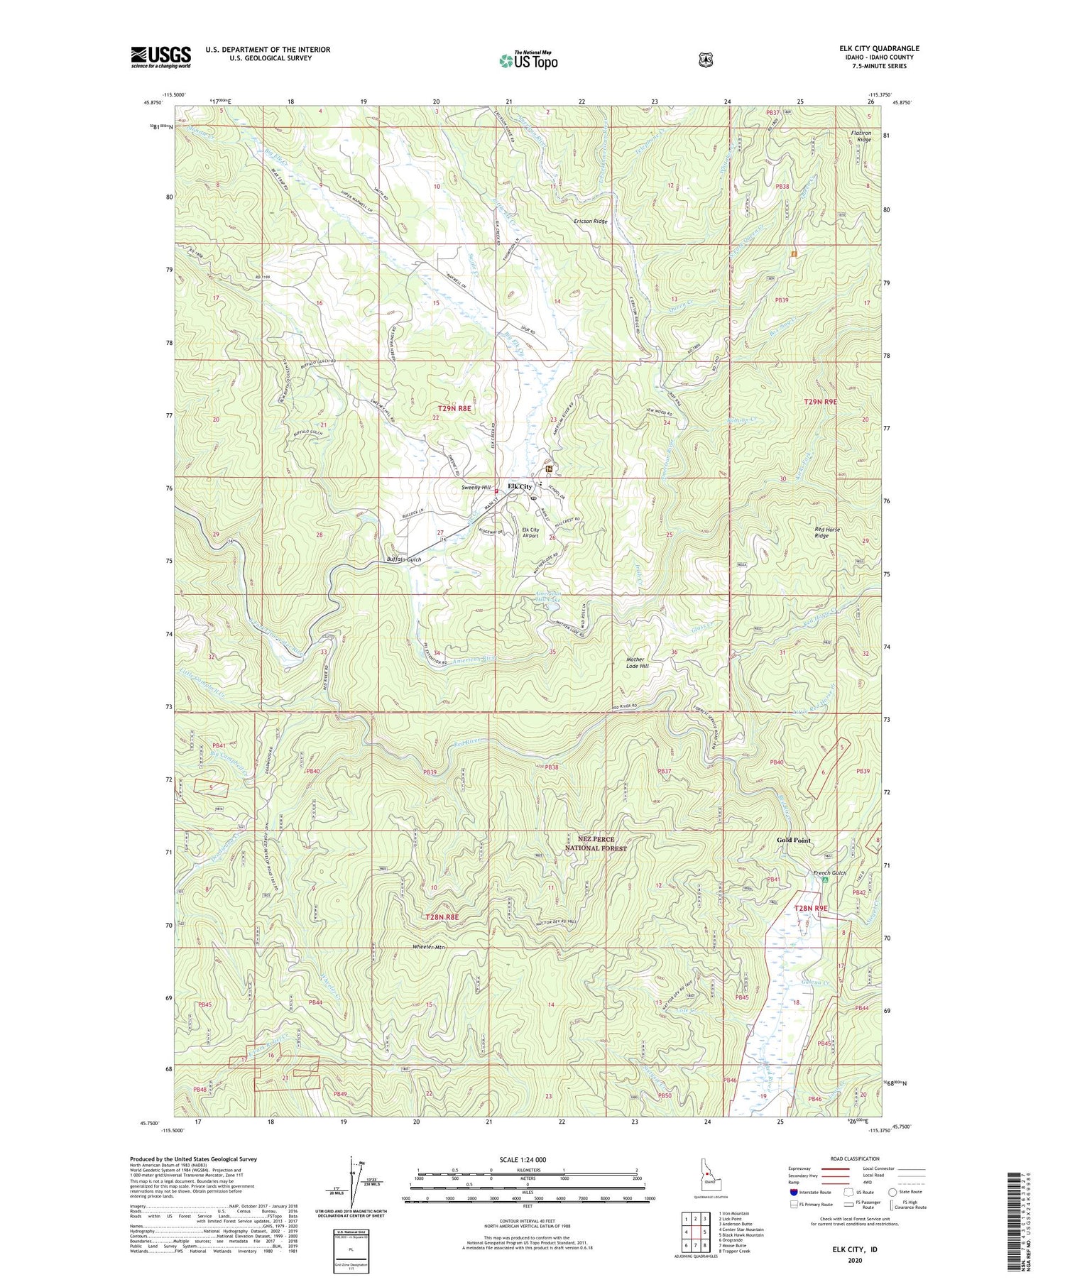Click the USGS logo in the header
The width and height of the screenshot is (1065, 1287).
pyautogui.click(x=160, y=57)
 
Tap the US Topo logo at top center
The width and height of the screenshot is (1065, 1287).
pyautogui.click(x=528, y=60)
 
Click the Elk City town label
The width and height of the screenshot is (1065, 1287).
pyautogui.click(x=520, y=486)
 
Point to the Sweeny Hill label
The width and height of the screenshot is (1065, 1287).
pyautogui.click(x=476, y=488)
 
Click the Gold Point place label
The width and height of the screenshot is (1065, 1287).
pyautogui.click(x=793, y=840)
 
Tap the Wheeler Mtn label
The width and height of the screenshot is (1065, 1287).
pyautogui.click(x=429, y=947)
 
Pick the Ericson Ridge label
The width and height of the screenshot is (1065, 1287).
pyautogui.click(x=591, y=221)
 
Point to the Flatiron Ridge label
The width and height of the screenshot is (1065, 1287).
pyautogui.click(x=861, y=136)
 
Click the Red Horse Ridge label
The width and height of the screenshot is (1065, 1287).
pyautogui.click(x=821, y=532)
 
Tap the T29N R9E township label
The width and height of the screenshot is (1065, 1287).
pyautogui.click(x=820, y=402)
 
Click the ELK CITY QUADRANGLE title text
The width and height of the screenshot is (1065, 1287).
pyautogui.click(x=879, y=48)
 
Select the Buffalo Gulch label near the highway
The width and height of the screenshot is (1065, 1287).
pyautogui.click(x=404, y=559)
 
